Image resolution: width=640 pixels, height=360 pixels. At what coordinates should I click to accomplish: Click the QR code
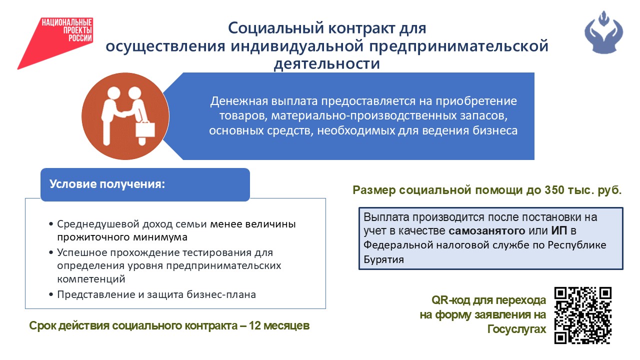click(583, 315)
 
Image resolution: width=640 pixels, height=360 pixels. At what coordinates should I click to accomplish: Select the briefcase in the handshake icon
click(145, 129)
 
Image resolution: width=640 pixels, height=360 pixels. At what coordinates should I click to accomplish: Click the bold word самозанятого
click(487, 230)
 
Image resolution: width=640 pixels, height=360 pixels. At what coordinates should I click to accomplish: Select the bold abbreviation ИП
click(559, 230)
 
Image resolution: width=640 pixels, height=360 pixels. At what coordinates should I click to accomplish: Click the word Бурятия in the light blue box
click(383, 259)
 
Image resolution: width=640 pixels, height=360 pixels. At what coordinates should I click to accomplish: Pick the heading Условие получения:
click(107, 184)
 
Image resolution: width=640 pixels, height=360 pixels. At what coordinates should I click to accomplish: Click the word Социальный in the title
click(276, 28)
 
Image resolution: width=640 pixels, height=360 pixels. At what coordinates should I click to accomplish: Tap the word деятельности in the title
click(327, 63)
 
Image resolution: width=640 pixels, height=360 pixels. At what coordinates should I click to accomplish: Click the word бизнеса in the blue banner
click(495, 130)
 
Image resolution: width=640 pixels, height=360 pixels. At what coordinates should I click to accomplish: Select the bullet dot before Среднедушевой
click(51, 224)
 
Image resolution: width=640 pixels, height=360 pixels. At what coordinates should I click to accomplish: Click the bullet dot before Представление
click(51, 294)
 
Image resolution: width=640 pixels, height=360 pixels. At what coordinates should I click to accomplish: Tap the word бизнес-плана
click(221, 294)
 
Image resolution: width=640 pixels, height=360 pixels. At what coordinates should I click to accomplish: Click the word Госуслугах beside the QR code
click(516, 329)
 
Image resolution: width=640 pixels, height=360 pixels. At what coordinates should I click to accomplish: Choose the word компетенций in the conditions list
click(91, 279)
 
